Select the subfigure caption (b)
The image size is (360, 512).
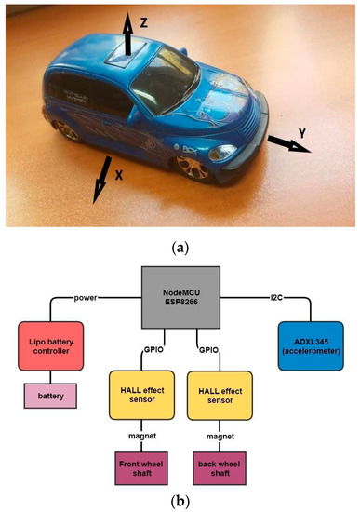tap(179, 500)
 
